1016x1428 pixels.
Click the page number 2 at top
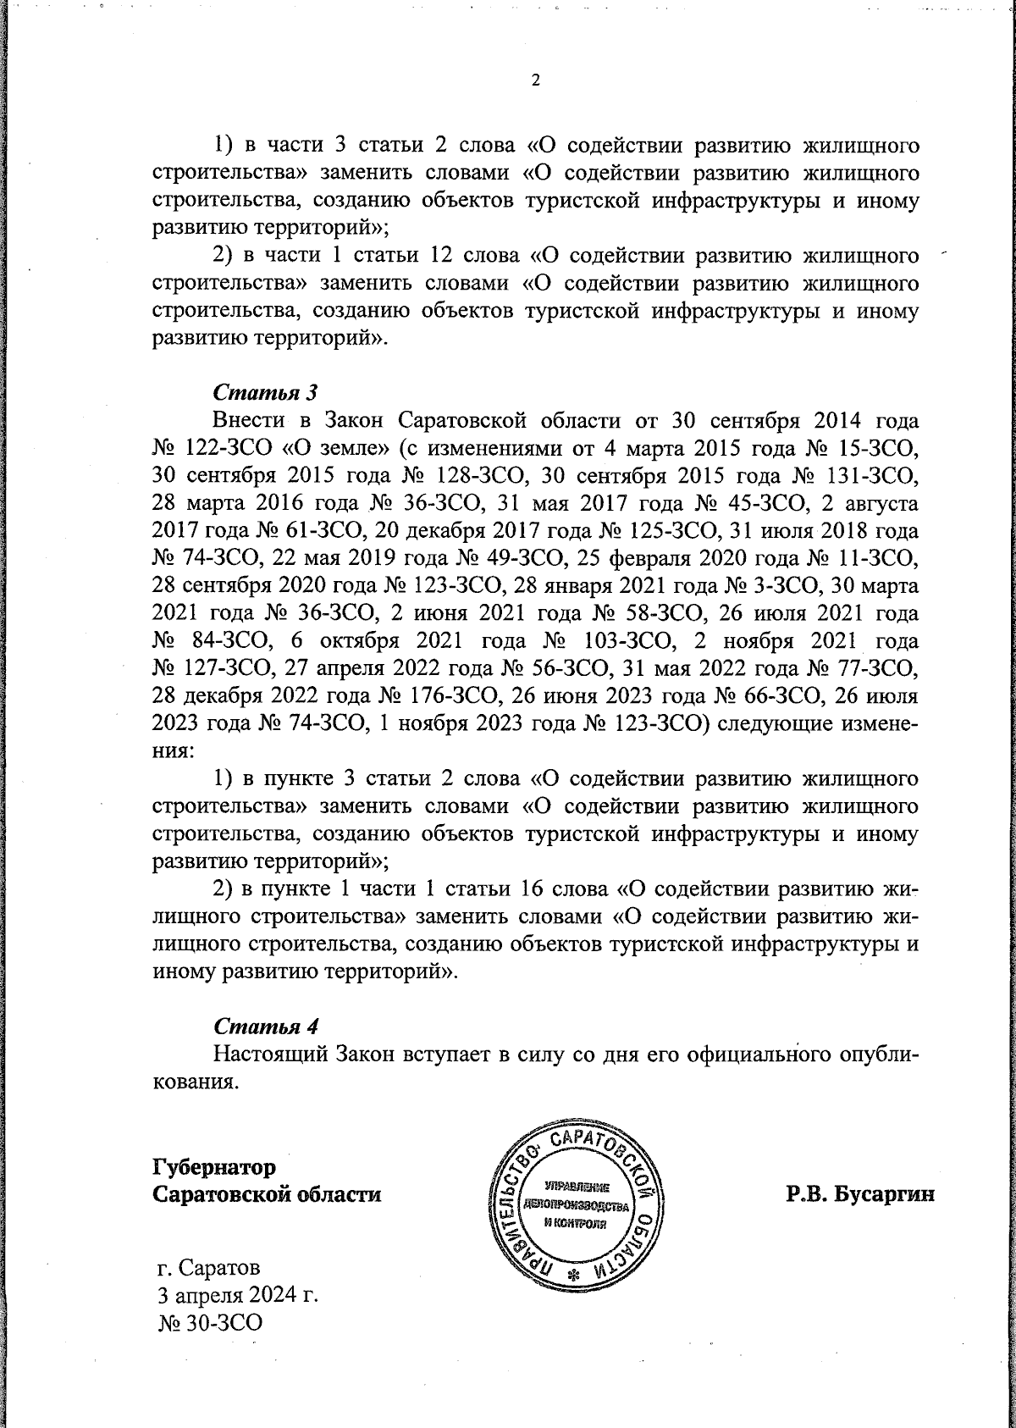534,80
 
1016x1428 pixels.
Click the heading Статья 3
265,392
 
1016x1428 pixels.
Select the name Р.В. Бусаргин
859,1195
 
